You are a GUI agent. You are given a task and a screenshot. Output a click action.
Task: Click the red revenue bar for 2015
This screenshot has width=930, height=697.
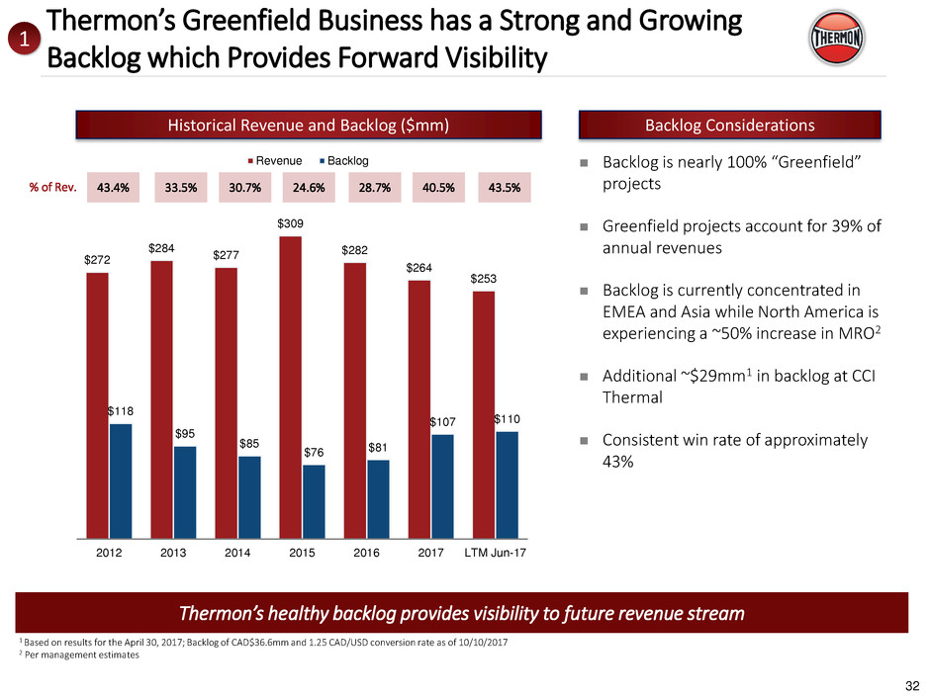pos(290,387)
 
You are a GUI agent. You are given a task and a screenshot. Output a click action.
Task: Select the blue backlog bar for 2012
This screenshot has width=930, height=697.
pos(121,480)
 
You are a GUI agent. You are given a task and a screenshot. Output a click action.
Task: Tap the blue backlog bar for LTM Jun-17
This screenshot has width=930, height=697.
pos(507,484)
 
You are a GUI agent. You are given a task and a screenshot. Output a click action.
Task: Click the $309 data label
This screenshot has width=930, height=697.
pos(290,225)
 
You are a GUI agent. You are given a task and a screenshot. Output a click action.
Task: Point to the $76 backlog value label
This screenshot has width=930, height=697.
pos(314,454)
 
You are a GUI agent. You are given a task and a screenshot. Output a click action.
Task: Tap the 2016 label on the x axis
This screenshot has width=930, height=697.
pos(365,553)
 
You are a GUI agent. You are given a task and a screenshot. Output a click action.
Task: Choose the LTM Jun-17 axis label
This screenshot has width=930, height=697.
pos(496,553)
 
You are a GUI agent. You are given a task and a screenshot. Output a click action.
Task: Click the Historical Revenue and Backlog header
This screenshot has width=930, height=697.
pos(310,125)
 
